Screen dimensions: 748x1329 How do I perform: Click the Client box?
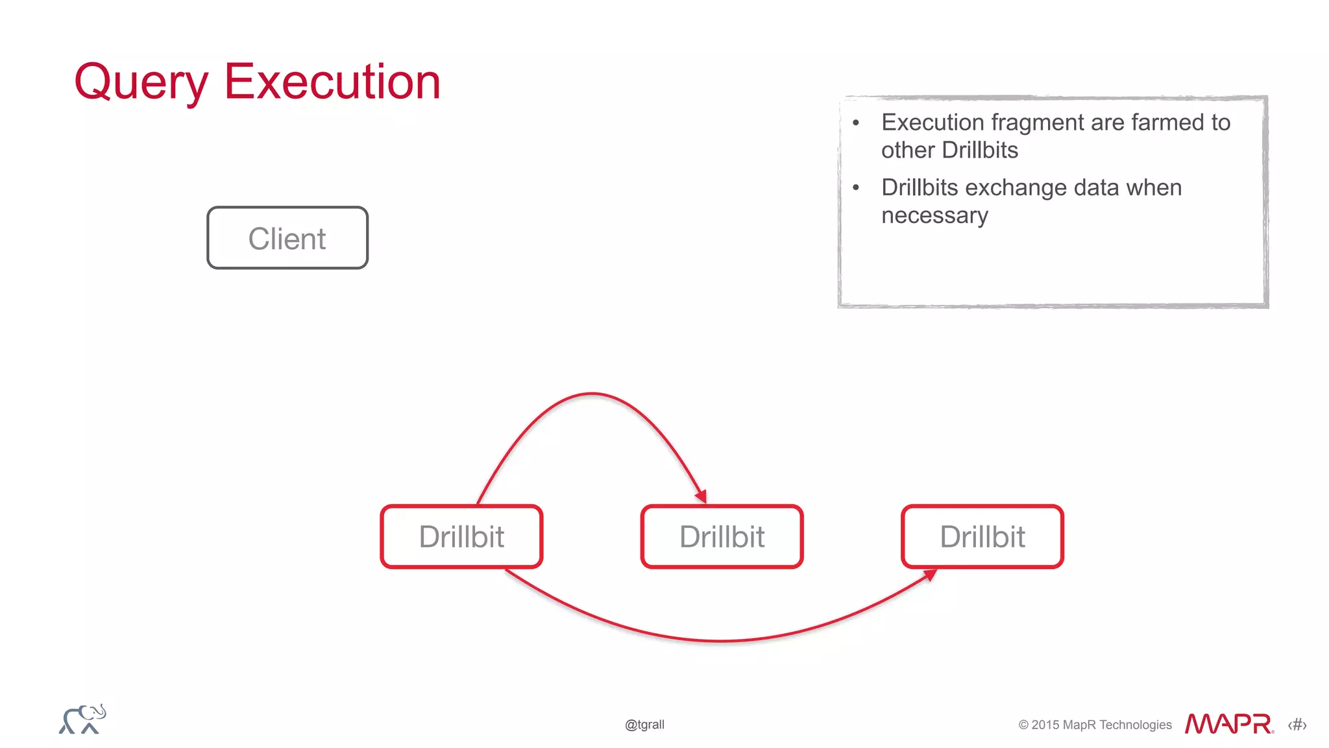click(x=287, y=238)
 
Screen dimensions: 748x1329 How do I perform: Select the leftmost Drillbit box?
click(x=461, y=537)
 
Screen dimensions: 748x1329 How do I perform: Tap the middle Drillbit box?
click(x=722, y=537)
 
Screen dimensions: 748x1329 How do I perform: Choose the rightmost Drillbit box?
click(x=982, y=537)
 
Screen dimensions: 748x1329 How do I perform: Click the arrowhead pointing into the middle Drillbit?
click(x=701, y=496)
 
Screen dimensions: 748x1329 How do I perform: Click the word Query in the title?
click(x=141, y=82)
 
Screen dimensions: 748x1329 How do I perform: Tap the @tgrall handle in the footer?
click(x=644, y=725)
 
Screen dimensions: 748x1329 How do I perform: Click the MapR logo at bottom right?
click(x=1228, y=723)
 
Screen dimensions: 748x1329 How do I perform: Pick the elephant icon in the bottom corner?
click(x=82, y=719)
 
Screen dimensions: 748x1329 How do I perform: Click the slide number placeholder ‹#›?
click(x=1297, y=725)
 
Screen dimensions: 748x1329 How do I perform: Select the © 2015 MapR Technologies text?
click(x=1095, y=725)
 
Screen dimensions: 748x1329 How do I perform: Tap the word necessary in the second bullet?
click(x=934, y=215)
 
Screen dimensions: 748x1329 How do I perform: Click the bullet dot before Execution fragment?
click(x=856, y=123)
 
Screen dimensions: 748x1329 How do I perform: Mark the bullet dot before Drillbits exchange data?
click(x=856, y=187)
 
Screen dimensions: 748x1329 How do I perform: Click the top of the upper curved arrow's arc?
click(x=592, y=393)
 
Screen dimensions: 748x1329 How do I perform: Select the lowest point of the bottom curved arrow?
click(x=720, y=641)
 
